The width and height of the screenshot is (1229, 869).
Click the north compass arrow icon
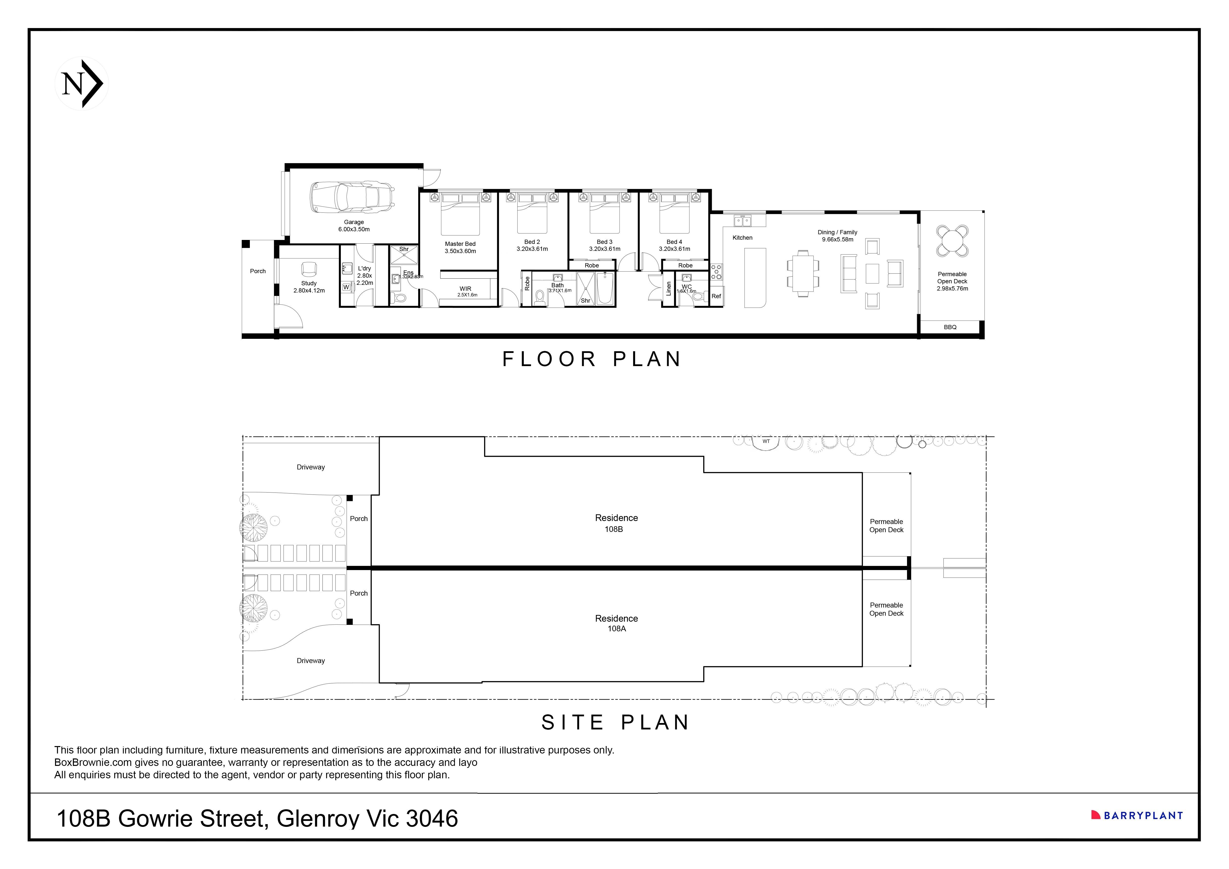[x=82, y=84]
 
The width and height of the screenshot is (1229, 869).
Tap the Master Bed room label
[x=460, y=244]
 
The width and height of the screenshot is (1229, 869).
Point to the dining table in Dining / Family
[x=802, y=273]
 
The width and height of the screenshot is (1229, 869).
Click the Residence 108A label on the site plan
[x=616, y=623]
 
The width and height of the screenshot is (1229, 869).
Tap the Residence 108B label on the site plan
[x=616, y=523]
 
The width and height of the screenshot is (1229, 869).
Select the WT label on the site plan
[x=766, y=441]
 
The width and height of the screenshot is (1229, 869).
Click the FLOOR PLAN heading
[x=591, y=359]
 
